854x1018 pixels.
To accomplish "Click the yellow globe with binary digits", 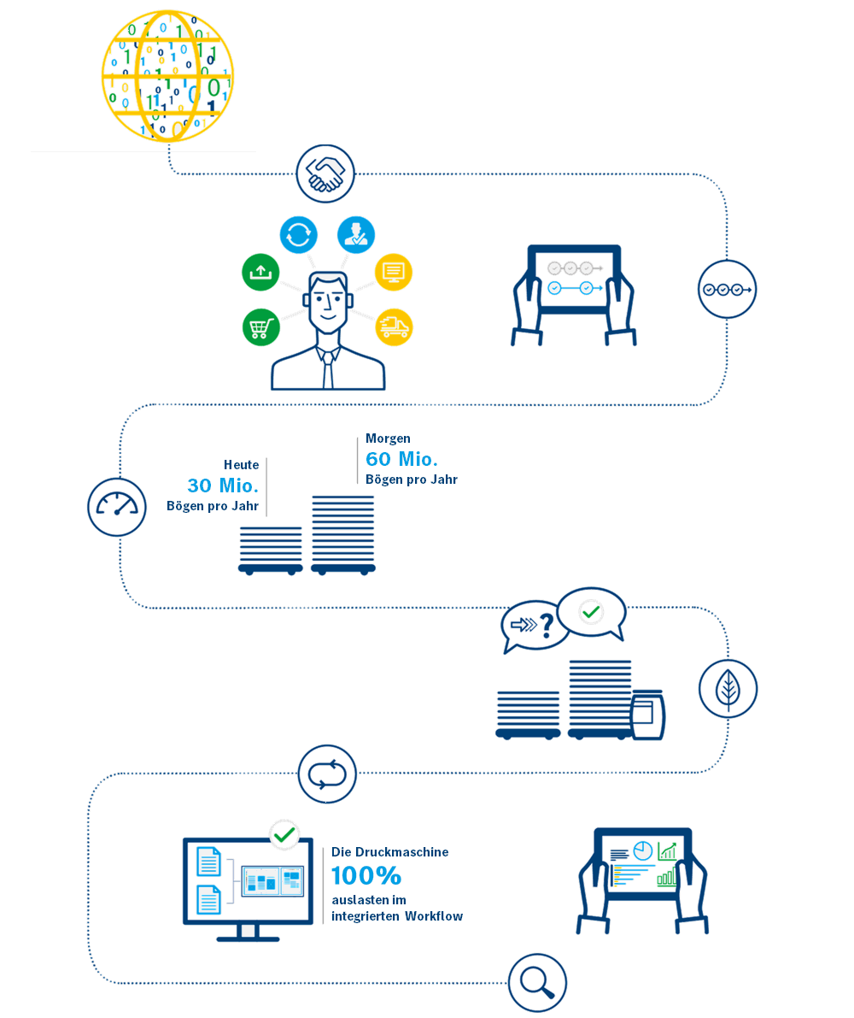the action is pos(167,76).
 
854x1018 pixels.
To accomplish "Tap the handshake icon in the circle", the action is pos(325,174).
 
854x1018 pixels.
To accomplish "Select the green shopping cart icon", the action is pos(260,327).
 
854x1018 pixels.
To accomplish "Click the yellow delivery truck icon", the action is pos(394,327).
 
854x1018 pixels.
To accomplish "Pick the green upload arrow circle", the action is pos(260,271).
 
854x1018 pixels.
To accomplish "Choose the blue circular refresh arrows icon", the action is pos(298,234).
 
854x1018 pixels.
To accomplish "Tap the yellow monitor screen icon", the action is pos(394,271).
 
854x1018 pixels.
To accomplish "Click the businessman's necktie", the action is pos(328,370).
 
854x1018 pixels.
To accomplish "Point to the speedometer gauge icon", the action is pos(117,507).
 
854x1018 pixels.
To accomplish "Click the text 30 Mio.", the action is pos(222,485).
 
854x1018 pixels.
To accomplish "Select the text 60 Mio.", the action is pos(401,459).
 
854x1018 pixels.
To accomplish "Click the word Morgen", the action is pos(388,438).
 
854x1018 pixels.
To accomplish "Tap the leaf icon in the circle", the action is pos(728,689).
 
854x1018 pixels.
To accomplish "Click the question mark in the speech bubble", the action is pos(548,626).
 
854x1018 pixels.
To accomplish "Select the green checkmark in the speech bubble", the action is pos(591,612).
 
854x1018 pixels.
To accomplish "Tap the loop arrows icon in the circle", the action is pos(327,774).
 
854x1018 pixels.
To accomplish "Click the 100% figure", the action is pos(366,876).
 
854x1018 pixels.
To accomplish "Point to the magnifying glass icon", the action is pos(537,983).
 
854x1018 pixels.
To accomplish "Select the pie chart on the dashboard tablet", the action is pos(642,850).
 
